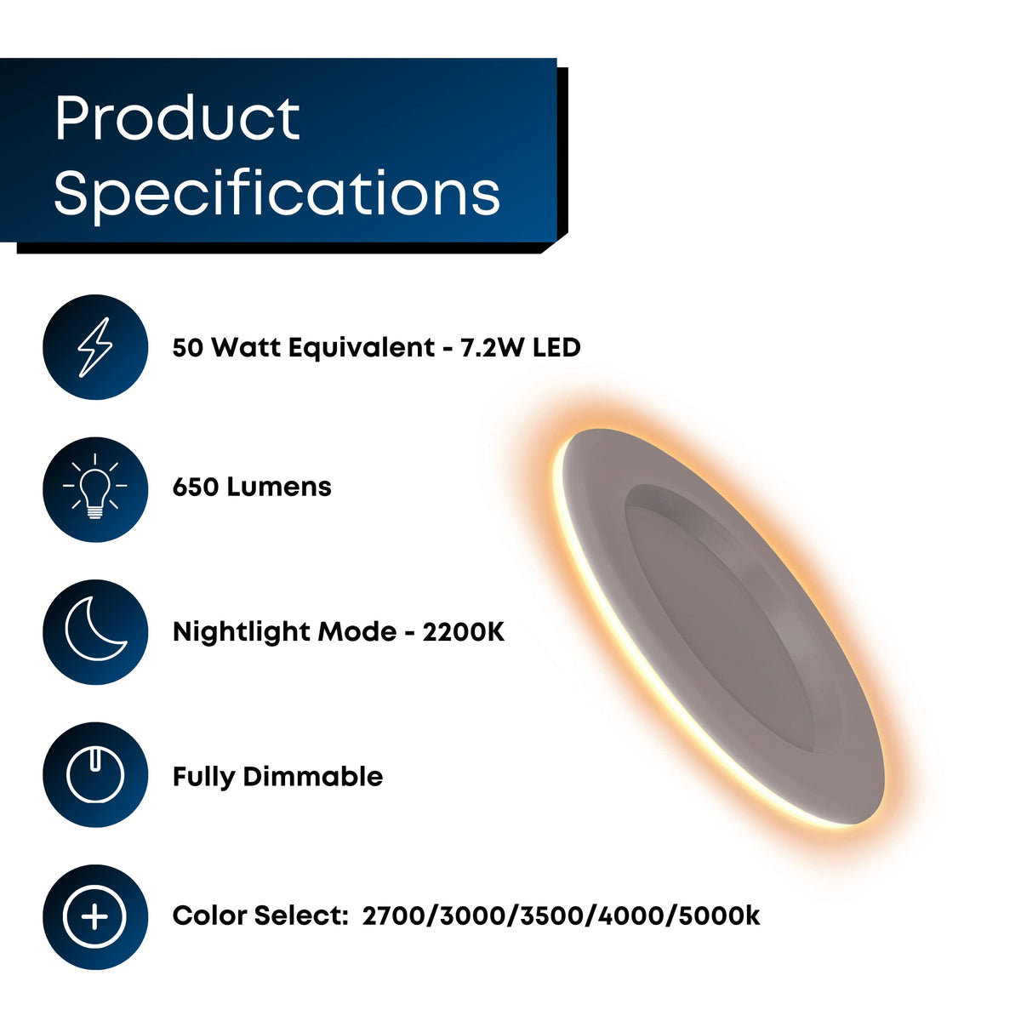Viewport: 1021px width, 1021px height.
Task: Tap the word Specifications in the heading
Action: [277, 193]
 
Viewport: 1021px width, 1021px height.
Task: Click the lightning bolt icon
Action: [95, 347]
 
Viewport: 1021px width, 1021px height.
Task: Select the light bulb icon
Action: [95, 486]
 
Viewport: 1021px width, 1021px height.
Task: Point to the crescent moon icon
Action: [94, 630]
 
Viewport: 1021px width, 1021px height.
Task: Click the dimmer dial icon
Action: [95, 774]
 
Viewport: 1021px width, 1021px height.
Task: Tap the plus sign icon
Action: [94, 916]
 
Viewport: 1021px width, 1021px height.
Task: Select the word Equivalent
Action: [362, 348]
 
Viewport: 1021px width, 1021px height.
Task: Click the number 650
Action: [196, 487]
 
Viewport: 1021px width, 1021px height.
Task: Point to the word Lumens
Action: [279, 487]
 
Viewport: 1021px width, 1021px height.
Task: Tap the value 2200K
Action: [463, 631]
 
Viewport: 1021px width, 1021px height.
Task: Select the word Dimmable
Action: [312, 777]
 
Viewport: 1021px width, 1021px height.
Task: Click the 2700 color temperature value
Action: [393, 916]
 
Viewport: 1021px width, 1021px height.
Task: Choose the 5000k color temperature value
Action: [719, 916]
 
